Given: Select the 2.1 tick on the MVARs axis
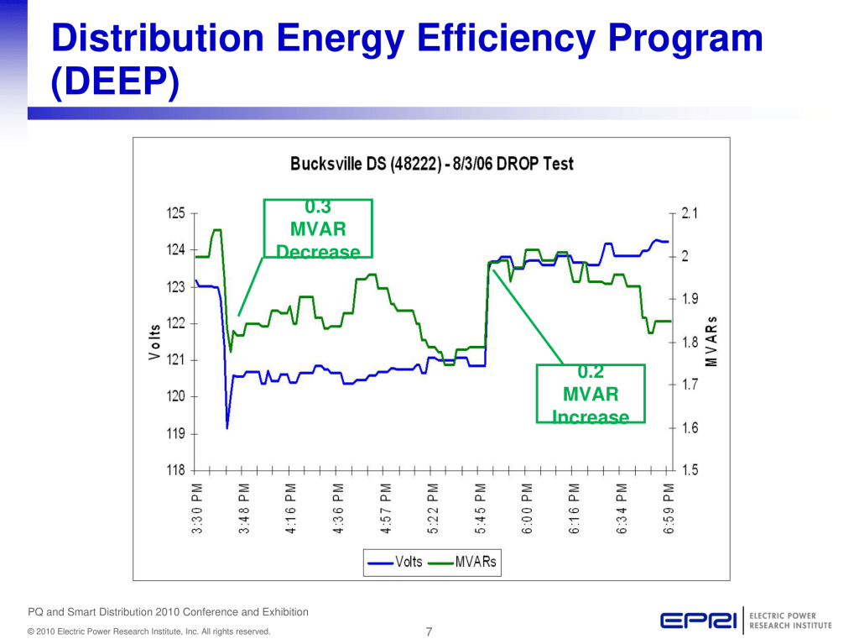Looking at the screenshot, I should pos(691,214).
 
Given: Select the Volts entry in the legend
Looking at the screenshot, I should pos(396,563).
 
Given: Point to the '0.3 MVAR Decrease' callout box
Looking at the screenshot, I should pos(318,228).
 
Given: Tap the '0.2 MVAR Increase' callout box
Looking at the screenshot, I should pos(591,393).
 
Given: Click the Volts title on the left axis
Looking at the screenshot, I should pos(154,343).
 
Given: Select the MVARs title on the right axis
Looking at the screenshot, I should pos(711,342).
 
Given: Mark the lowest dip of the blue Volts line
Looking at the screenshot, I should pos(227,428).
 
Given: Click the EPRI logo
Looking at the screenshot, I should pos(698,621).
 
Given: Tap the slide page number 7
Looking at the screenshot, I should pos(429,631).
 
